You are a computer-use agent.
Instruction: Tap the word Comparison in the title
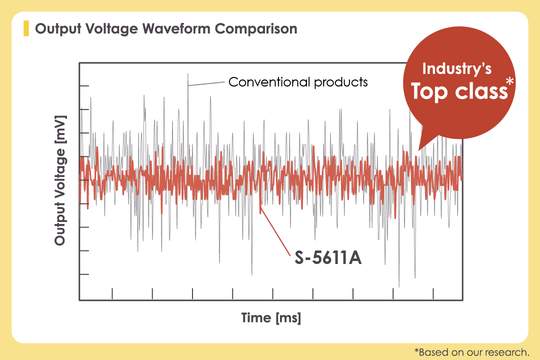[256, 28]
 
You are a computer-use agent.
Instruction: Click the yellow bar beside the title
[26, 28]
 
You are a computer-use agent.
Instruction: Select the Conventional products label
[298, 81]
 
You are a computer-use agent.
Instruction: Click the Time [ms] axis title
[271, 317]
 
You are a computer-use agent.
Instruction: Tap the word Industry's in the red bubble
[457, 69]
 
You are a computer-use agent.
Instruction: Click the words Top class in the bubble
[458, 91]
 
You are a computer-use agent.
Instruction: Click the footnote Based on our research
[471, 351]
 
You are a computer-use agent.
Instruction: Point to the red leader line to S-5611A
[275, 232]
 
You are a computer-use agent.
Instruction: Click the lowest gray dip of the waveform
[399, 286]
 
